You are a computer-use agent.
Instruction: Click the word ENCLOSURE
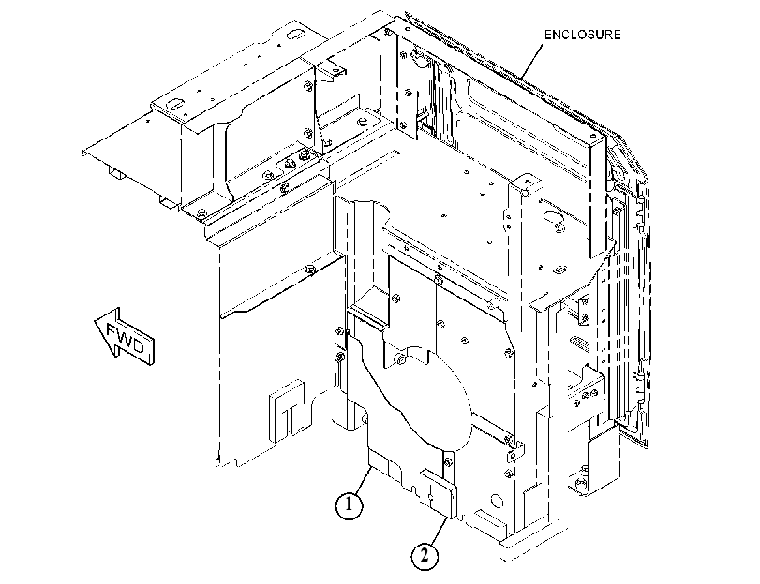point(582,35)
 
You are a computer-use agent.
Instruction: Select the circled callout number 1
point(349,506)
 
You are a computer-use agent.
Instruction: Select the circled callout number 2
point(425,555)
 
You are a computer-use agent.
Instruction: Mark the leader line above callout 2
point(439,532)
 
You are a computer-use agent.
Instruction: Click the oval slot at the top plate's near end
point(174,104)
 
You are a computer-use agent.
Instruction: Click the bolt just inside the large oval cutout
point(400,359)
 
